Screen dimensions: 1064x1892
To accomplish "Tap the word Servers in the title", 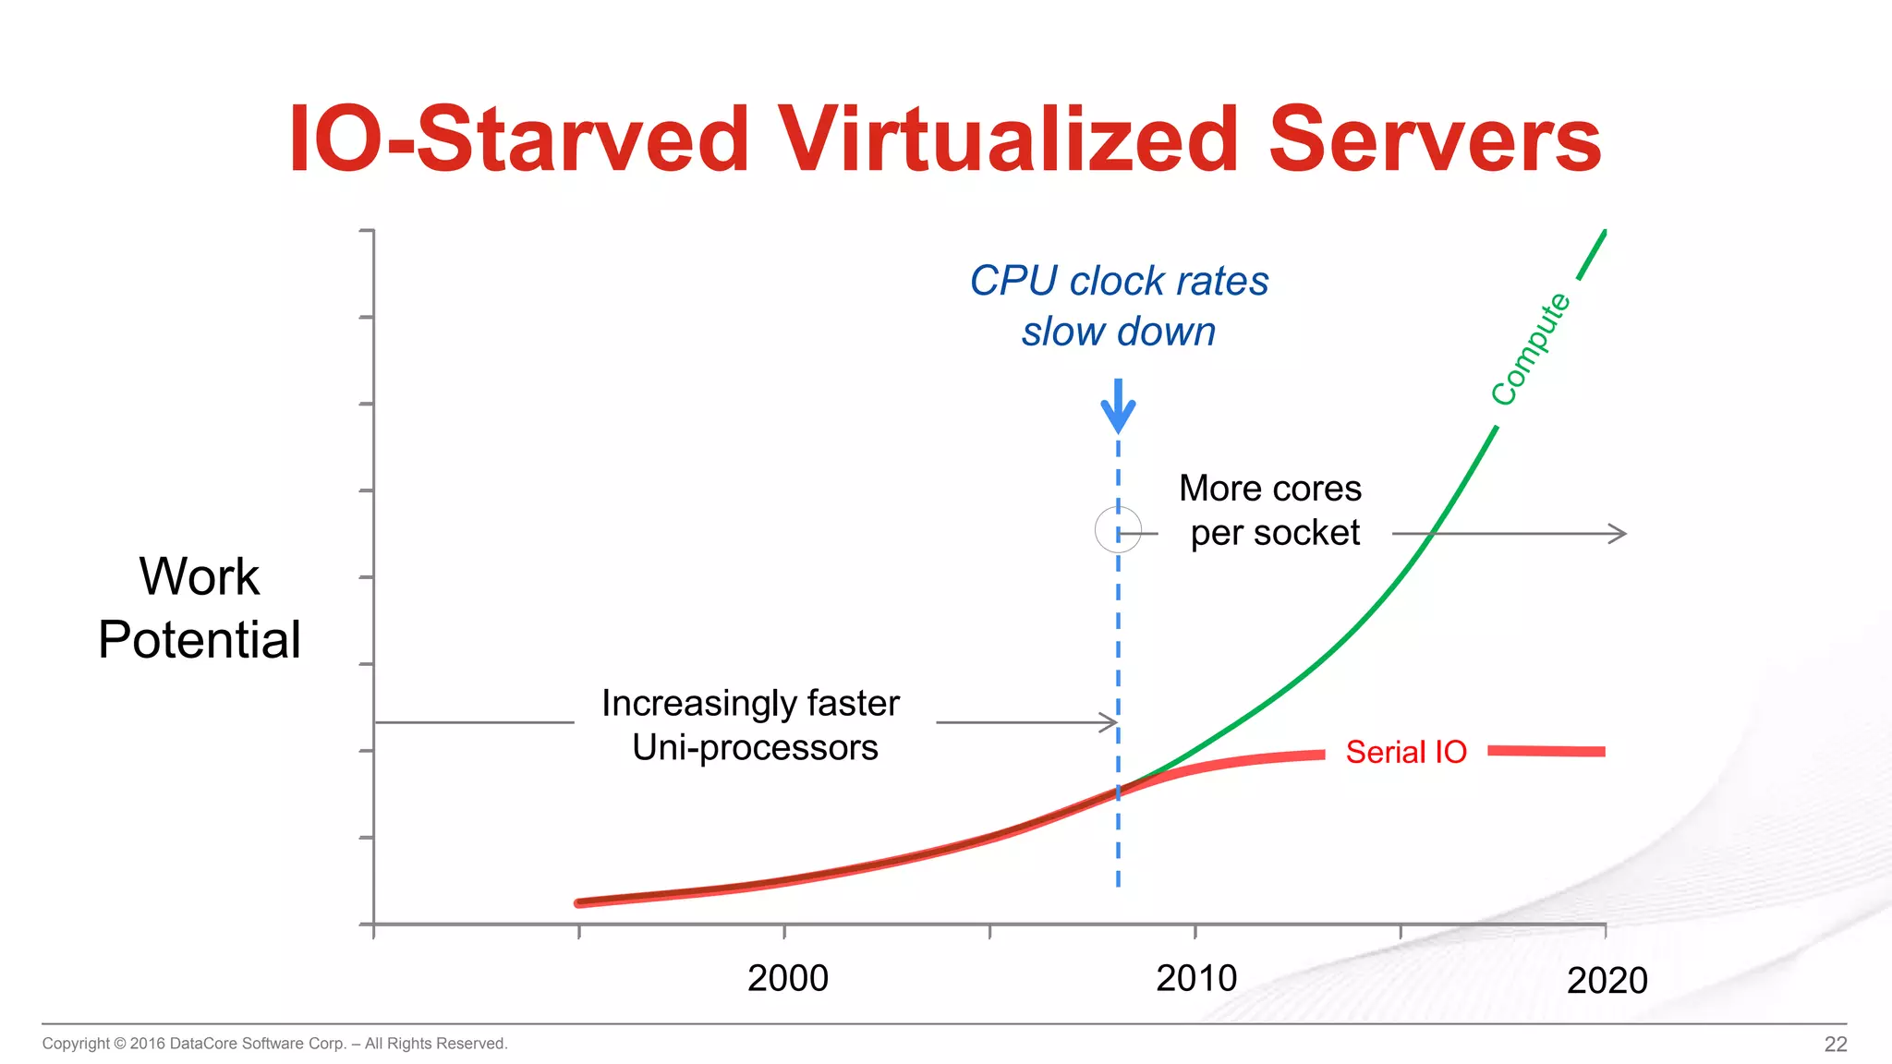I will [1435, 140].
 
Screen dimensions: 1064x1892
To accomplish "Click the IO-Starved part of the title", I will [517, 140].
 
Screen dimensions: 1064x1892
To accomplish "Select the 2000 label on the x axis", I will [787, 978].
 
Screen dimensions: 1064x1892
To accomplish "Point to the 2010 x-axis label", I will [1195, 978].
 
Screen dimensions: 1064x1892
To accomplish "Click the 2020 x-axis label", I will [1607, 980].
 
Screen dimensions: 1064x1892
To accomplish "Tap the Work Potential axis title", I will [200, 608].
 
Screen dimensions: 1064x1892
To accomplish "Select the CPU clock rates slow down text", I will [1119, 306].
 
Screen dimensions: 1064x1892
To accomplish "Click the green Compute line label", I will [1530, 349].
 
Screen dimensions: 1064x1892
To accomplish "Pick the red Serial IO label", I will [1405, 752].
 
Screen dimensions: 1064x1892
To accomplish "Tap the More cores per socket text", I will [1271, 511].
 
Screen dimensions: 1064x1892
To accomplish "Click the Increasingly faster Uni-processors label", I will [752, 725].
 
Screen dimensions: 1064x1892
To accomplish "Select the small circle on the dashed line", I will [1118, 530].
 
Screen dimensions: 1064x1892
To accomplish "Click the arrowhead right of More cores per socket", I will [1618, 534].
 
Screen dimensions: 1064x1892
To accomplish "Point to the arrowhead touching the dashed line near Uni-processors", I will [1110, 722].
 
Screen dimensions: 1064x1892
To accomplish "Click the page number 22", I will [1835, 1044].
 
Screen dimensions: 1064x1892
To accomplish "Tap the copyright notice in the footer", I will [274, 1044].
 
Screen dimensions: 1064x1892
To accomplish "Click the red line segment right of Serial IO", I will [1546, 752].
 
